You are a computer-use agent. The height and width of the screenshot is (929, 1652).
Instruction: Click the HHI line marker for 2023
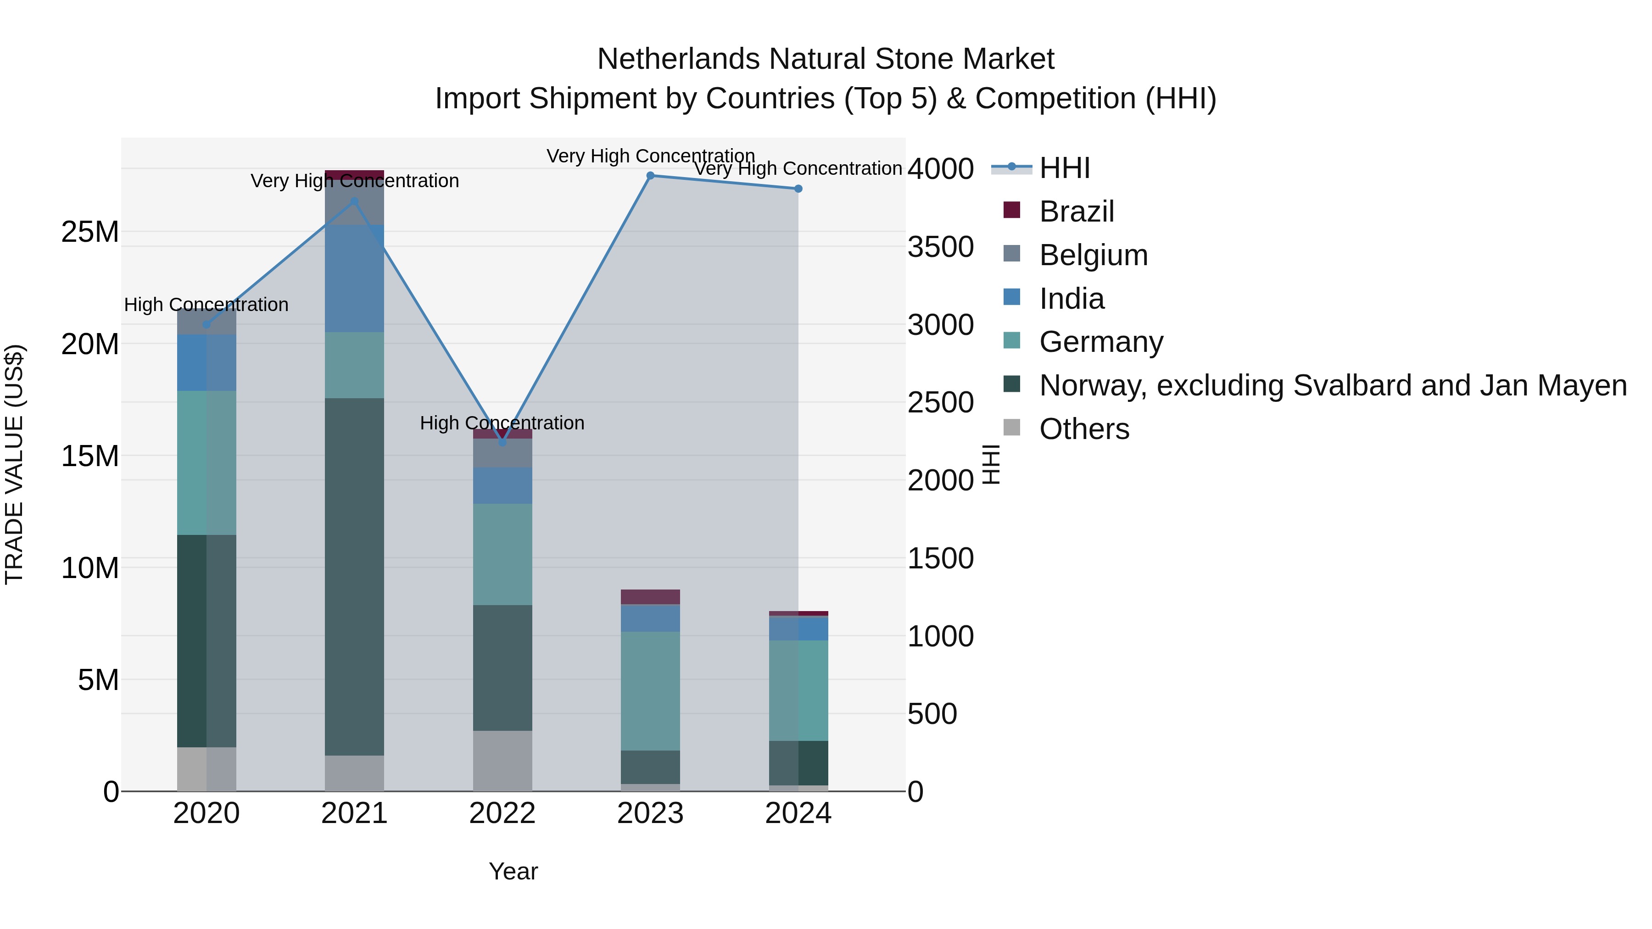pyautogui.click(x=650, y=176)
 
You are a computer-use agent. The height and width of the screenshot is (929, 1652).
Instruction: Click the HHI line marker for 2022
pyautogui.click(x=502, y=442)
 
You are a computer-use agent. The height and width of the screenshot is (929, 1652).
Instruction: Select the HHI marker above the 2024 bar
pyautogui.click(x=798, y=189)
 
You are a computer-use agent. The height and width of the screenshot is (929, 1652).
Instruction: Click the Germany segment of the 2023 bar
pyautogui.click(x=650, y=691)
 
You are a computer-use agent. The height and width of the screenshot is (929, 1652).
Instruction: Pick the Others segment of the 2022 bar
pyautogui.click(x=502, y=761)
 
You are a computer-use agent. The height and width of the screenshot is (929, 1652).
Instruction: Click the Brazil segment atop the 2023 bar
pyautogui.click(x=650, y=597)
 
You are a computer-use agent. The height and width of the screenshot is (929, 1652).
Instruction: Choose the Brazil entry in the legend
pyautogui.click(x=1076, y=211)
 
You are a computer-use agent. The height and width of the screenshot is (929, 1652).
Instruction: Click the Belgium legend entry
pyautogui.click(x=1093, y=255)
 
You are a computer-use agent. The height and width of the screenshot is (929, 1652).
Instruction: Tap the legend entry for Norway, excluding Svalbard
pyautogui.click(x=1333, y=385)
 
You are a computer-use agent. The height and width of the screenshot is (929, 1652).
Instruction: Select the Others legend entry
pyautogui.click(x=1084, y=429)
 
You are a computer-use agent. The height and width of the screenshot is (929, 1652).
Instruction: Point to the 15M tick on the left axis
pyautogui.click(x=90, y=456)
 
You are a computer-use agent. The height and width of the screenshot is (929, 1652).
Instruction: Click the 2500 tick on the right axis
pyautogui.click(x=940, y=403)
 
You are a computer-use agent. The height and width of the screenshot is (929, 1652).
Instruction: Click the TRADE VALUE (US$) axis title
pyautogui.click(x=14, y=464)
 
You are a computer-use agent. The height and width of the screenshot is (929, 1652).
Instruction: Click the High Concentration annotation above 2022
pyautogui.click(x=502, y=423)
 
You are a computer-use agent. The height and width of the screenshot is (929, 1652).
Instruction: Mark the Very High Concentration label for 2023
pyautogui.click(x=650, y=156)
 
